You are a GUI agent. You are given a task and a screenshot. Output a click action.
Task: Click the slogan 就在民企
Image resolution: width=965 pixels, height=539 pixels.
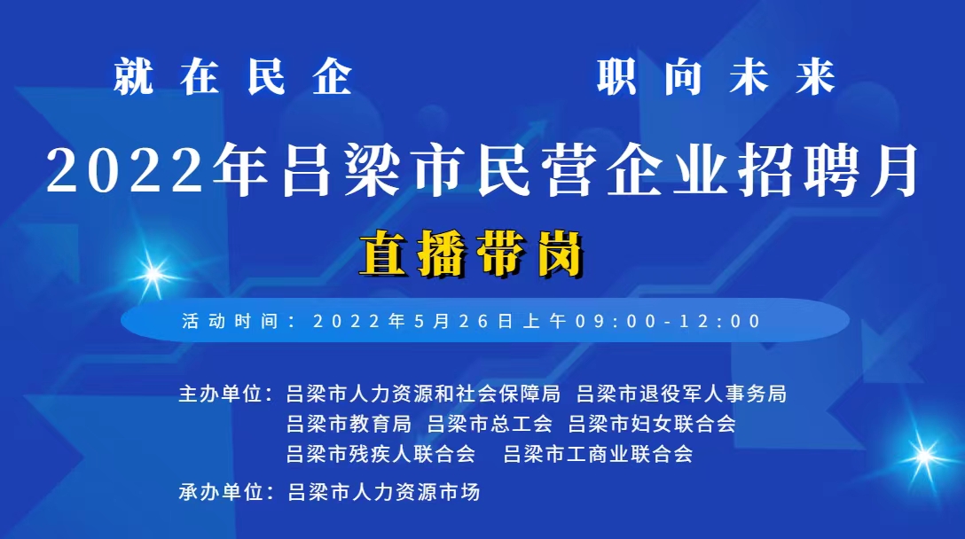(x=233, y=77)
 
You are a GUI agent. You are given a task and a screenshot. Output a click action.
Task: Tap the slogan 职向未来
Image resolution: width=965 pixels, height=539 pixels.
(x=717, y=77)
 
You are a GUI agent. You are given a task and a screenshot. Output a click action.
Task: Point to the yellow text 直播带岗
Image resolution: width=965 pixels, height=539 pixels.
(x=472, y=254)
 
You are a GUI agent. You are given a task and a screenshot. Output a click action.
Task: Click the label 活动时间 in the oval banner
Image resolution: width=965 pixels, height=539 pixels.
(x=231, y=321)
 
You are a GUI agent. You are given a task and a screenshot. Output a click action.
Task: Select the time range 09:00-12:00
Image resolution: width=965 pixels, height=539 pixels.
(x=669, y=321)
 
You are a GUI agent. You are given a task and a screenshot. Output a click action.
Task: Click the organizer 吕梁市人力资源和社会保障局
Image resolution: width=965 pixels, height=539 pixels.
(x=423, y=394)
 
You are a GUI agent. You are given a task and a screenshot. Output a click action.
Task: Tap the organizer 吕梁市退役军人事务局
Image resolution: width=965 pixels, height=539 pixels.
(x=682, y=394)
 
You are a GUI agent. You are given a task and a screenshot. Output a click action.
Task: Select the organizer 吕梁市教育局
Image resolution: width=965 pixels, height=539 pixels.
(x=349, y=424)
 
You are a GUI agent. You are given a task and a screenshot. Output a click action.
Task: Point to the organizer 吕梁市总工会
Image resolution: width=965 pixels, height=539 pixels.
(x=490, y=424)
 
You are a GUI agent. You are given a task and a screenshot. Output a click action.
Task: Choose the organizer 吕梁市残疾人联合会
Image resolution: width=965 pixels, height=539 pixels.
(x=381, y=454)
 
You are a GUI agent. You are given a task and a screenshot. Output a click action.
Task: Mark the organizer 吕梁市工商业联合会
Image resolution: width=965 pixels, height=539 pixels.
(x=598, y=454)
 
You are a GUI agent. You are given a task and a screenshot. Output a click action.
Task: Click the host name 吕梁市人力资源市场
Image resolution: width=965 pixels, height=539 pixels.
(x=383, y=492)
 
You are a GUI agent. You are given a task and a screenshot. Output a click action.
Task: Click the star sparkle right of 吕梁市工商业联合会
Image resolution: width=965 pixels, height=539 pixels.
(x=923, y=456)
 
